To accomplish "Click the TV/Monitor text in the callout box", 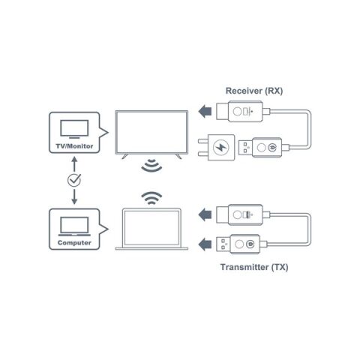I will pos(74,146).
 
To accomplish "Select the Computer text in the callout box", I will pos(74,243).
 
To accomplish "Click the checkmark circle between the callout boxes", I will pos(74,180).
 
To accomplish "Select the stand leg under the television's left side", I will pos(125,157).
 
